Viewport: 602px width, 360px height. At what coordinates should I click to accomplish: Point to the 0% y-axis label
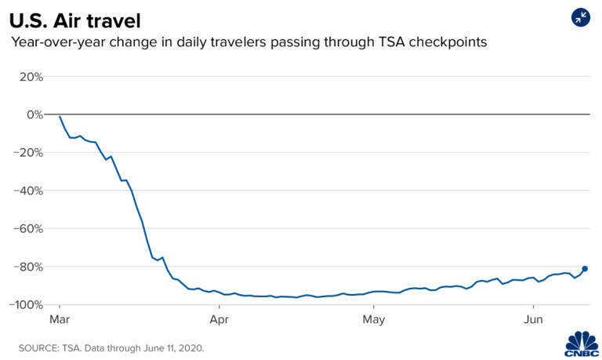coord(34,115)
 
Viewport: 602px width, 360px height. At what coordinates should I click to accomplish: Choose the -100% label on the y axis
coord(27,304)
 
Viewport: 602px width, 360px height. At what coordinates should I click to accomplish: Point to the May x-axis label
coord(374,319)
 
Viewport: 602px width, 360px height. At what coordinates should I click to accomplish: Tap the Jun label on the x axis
coord(533,319)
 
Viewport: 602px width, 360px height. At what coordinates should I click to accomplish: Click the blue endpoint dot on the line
coord(585,269)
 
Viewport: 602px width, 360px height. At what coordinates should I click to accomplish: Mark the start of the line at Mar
coord(60,117)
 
